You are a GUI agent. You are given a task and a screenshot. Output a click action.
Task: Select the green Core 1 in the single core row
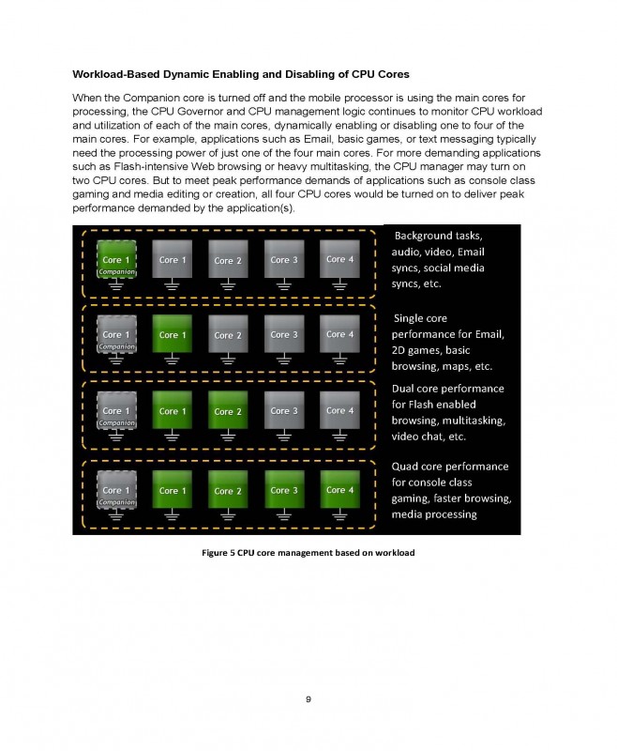170,334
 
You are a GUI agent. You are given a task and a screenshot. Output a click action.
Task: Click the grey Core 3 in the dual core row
280,411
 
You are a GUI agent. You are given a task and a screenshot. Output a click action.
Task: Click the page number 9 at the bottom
308,698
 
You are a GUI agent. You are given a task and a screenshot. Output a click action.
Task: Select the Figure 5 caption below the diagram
308,552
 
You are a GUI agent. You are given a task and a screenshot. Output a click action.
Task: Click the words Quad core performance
450,466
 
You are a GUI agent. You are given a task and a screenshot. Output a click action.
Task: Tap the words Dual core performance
448,388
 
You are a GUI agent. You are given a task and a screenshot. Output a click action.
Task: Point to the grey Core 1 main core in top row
170,259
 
